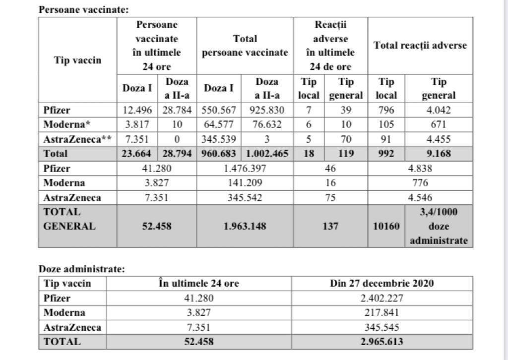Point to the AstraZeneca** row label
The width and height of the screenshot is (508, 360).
[77, 139]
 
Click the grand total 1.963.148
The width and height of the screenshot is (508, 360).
[245, 226]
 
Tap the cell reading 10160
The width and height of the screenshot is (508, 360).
[386, 226]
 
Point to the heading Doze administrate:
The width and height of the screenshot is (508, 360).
[82, 269]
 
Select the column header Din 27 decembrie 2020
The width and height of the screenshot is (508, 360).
[381, 284]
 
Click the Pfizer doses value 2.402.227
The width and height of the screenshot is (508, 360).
[381, 298]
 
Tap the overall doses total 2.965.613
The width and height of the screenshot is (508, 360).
[381, 342]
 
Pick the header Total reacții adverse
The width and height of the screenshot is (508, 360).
[420, 46]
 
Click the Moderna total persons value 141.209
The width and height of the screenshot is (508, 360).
[245, 183]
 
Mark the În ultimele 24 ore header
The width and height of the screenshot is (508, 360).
[198, 284]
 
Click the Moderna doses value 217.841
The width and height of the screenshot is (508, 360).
[381, 312]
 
